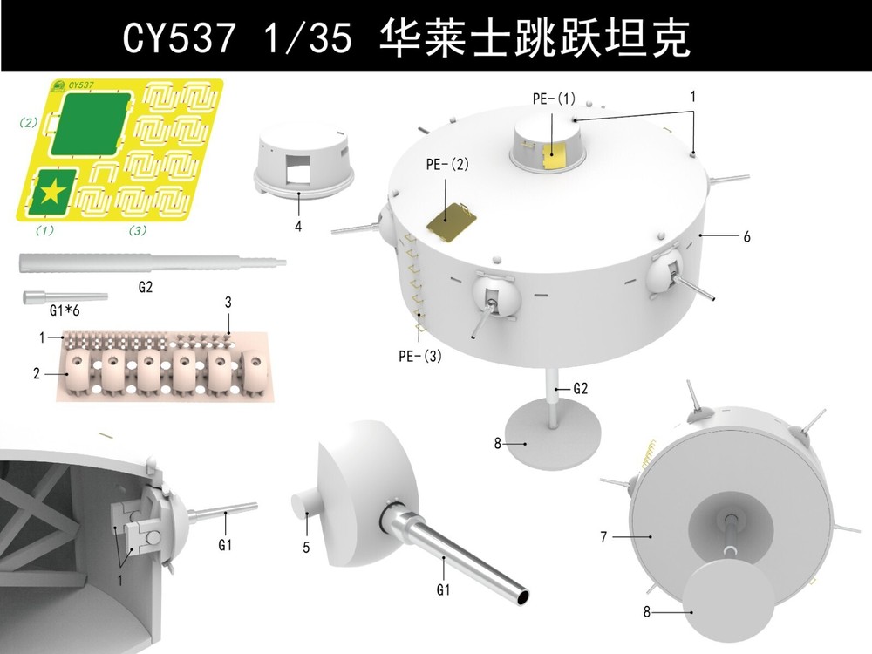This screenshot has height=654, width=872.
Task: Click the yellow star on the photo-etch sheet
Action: point(54,191)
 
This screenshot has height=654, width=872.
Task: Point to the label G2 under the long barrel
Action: point(145,285)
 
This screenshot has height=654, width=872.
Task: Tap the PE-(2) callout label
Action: point(446,165)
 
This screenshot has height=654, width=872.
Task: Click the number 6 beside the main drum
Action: point(746,236)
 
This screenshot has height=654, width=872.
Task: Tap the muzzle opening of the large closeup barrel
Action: point(522,596)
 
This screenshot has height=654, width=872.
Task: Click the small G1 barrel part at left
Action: point(65,297)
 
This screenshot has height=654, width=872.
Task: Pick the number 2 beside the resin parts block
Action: point(37,373)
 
